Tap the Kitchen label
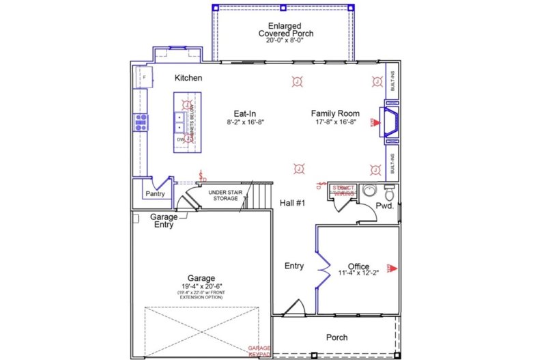point(188,78)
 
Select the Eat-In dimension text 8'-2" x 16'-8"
point(245,122)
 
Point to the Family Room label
point(336,113)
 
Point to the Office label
point(358,266)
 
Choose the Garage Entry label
point(164,221)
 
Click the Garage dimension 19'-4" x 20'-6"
point(202,287)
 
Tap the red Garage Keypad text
point(259,351)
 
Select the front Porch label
point(336,337)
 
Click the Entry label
point(294,266)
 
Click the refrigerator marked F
point(143,77)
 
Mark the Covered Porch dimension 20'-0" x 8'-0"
point(284,40)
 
